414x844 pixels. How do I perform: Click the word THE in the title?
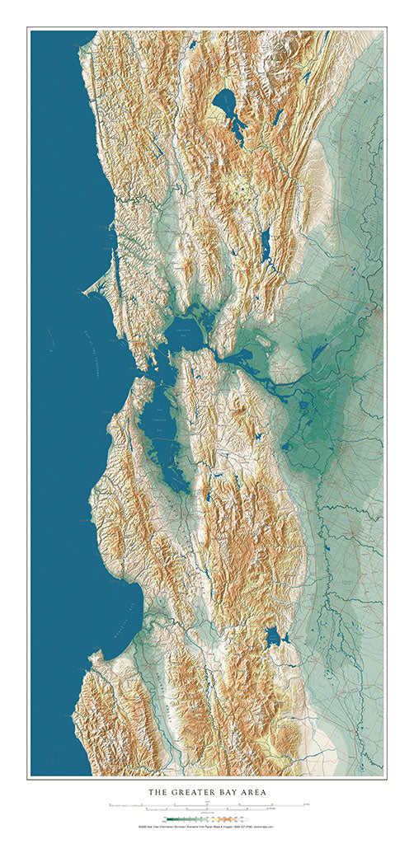(158, 792)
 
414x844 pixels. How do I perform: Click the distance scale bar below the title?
(206, 804)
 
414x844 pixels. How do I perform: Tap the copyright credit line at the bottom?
(206, 826)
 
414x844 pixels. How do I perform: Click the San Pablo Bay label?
(186, 326)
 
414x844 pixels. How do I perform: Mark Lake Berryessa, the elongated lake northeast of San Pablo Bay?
(265, 245)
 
